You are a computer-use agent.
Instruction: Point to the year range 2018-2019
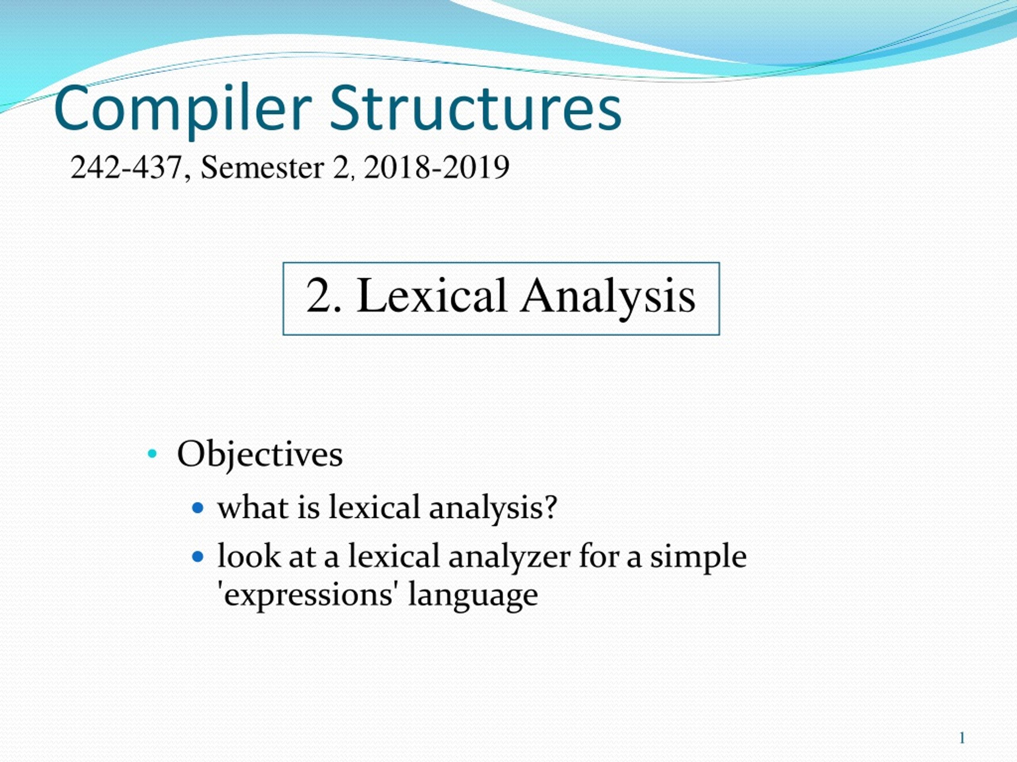(x=436, y=167)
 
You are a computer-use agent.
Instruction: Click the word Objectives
(x=260, y=455)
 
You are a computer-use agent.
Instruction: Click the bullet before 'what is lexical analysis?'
(x=198, y=508)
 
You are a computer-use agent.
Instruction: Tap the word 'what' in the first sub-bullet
(x=253, y=508)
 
